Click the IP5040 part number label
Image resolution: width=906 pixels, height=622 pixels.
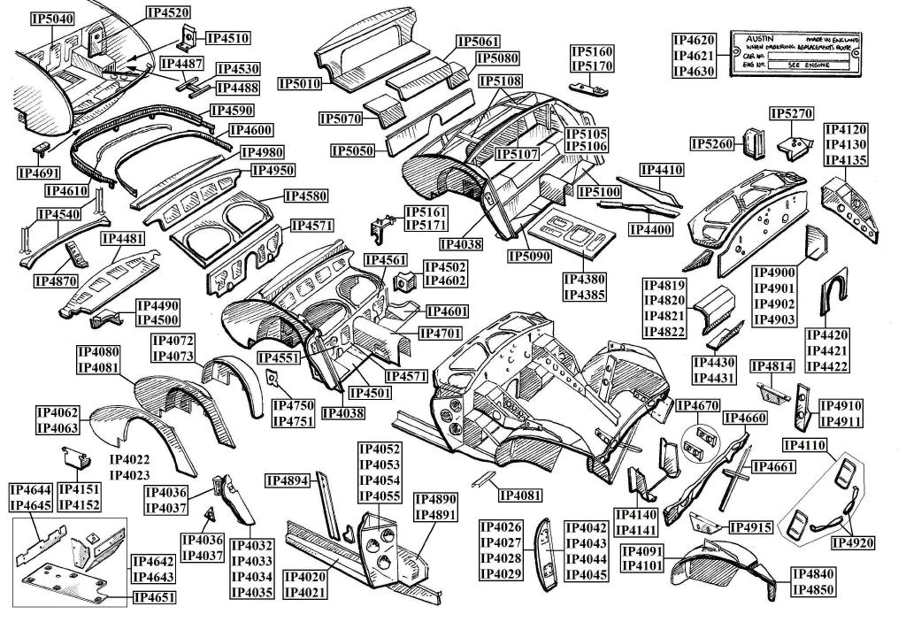pos(52,19)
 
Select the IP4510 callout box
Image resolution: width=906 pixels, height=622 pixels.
pos(228,38)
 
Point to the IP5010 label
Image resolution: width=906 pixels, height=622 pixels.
pos(300,83)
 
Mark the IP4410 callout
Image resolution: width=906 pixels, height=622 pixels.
pos(661,169)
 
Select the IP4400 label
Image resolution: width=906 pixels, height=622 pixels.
pos(650,229)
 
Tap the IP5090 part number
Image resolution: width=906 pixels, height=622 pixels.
pos(530,257)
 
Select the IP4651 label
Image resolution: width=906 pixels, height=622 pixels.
pos(154,598)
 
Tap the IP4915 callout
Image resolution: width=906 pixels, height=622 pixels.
pos(751,527)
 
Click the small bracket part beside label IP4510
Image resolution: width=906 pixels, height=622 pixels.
pos(188,36)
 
